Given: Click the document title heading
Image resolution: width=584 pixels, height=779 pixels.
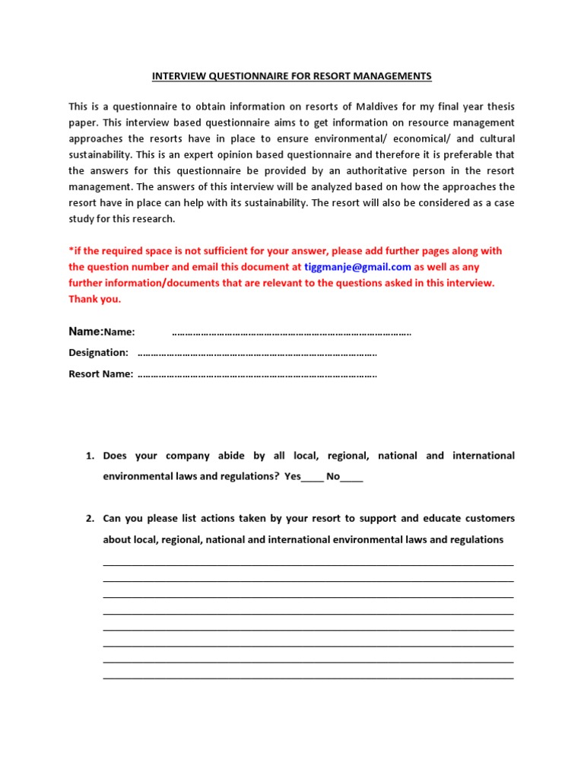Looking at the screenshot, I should click(x=292, y=76).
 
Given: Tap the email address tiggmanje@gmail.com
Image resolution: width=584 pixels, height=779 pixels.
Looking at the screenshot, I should click(x=357, y=267).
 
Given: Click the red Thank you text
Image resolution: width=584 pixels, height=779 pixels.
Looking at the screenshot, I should click(x=94, y=299).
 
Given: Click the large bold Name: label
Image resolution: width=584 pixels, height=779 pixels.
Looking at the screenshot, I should click(x=86, y=332).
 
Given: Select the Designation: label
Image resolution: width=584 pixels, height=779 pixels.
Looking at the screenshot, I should click(x=99, y=353).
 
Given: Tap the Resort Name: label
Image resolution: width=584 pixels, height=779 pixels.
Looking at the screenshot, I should click(x=101, y=374).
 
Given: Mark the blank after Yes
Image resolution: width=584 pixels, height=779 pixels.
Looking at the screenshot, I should click(x=313, y=479).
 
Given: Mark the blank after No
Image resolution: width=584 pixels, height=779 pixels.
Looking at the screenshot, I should click(x=352, y=479).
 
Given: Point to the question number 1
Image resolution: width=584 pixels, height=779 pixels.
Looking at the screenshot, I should click(x=89, y=456).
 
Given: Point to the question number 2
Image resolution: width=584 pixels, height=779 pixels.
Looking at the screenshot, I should click(x=89, y=519).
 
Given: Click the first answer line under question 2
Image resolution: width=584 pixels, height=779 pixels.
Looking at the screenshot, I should click(x=308, y=564).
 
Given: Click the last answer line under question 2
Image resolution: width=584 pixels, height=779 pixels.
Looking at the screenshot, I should click(x=308, y=676).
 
